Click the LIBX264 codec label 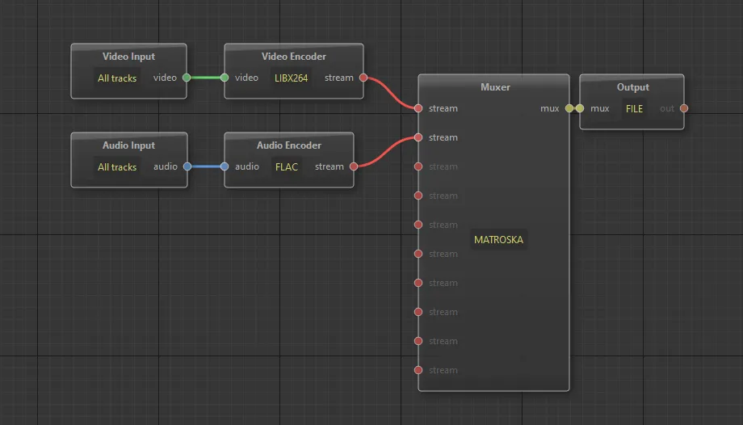click(291, 78)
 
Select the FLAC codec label click(287, 167)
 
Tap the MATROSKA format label click(498, 239)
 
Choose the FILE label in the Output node click(634, 108)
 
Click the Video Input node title click(129, 57)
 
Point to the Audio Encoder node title click(289, 145)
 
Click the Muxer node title click(495, 87)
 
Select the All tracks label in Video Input click(117, 78)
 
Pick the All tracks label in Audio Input click(117, 167)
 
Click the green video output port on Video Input click(187, 78)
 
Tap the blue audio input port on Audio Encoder click(225, 166)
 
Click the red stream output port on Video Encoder click(363, 78)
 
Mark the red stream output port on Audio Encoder click(354, 166)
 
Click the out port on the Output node click(684, 108)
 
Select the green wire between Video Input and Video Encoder click(206, 78)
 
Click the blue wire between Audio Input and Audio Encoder click(206, 166)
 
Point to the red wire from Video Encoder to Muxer click(391, 92)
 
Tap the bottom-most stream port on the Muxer click(418, 370)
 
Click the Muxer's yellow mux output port click(569, 108)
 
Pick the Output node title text click(633, 87)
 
